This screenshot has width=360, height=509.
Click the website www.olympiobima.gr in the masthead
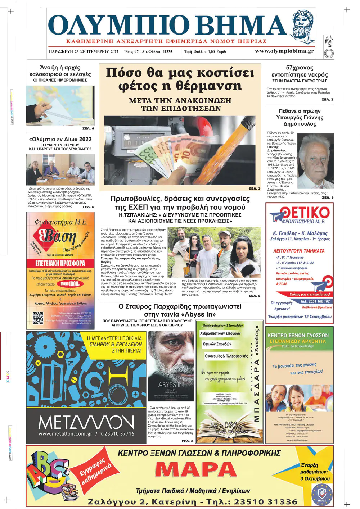(284, 51)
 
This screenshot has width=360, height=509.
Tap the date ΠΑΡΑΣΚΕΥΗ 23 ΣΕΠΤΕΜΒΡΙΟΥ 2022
(84, 51)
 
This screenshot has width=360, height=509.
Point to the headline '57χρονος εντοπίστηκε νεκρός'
(300, 71)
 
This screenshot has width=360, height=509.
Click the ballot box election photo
(60, 105)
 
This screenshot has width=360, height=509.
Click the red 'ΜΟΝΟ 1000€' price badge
(69, 284)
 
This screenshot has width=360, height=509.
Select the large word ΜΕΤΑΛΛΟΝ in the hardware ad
(86, 422)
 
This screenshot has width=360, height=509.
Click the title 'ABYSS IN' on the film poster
(171, 385)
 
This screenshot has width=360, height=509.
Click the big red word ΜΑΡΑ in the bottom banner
(196, 469)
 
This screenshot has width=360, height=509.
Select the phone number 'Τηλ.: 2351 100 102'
(315, 301)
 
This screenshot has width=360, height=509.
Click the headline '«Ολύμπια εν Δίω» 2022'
(60, 139)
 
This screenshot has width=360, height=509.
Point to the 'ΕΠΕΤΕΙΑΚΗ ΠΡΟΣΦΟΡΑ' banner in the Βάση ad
(60, 263)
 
